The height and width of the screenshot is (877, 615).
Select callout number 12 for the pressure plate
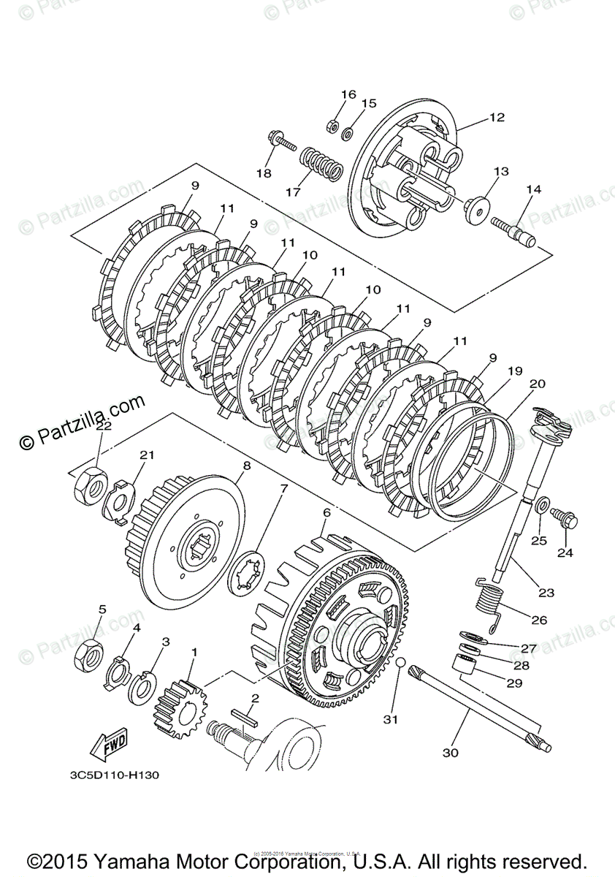pos(497,117)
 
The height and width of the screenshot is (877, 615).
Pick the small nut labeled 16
pos(330,126)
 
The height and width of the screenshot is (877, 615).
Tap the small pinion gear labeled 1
pos(180,705)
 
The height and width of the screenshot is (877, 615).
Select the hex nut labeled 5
pos(88,651)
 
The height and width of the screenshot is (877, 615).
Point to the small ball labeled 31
pos(400,662)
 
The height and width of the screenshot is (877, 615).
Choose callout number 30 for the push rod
pos(451,752)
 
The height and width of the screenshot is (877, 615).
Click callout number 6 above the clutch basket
pos(326,513)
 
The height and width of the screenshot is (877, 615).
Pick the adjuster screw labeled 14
pos(516,229)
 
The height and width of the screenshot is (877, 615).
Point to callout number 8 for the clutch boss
pos(246,465)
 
